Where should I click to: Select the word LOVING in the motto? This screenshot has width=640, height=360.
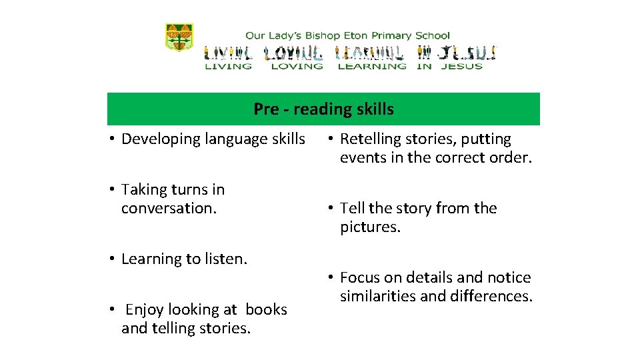297,66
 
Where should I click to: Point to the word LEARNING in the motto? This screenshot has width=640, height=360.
372,66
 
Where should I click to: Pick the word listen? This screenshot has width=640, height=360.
225,259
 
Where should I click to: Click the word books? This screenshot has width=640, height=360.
266,309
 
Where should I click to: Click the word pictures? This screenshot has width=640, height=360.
369,227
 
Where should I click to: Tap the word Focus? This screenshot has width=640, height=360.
359,277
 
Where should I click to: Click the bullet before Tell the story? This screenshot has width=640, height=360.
331,209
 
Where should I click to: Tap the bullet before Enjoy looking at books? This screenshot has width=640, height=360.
114,310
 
